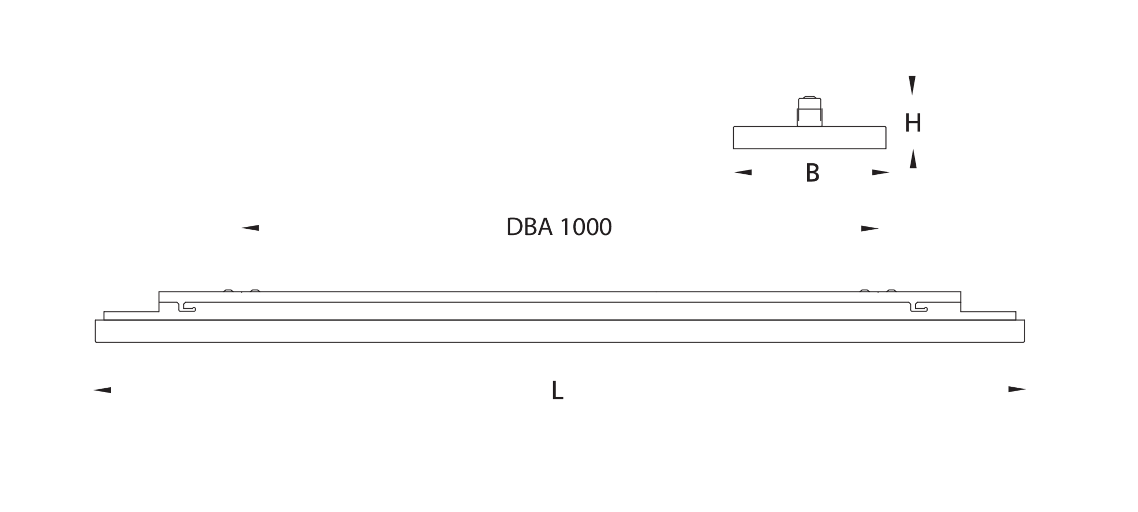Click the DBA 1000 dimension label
[x=559, y=227]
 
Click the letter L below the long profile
[x=558, y=391]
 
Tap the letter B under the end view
[x=813, y=172]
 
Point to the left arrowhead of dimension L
[x=102, y=390]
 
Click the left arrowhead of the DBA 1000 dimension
[x=250, y=228]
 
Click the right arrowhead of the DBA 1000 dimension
[x=870, y=229]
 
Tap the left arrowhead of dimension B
[x=743, y=172]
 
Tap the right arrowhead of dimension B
[x=881, y=172]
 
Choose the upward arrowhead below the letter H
[x=913, y=159]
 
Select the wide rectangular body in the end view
[x=810, y=138]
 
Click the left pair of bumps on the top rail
[x=242, y=291]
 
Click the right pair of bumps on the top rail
[x=878, y=291]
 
